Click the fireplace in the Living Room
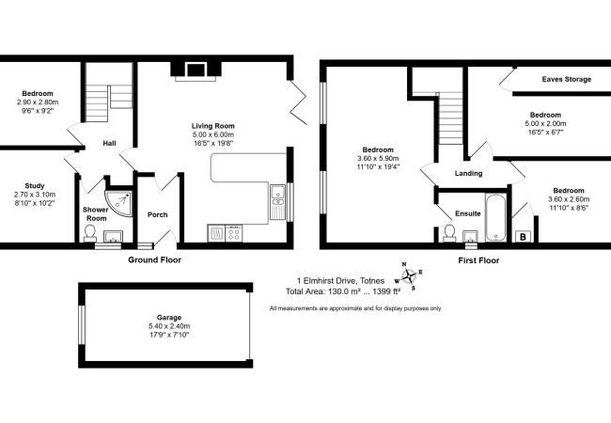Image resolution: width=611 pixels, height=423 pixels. pos(196,69)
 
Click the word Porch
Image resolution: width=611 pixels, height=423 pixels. pos(157,214)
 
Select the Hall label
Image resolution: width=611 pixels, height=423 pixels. pos(109,143)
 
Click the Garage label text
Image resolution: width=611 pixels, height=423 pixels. pos(169,318)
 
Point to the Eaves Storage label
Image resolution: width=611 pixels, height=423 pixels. pos(566,79)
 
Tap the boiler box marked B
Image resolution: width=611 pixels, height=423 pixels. pos(523,237)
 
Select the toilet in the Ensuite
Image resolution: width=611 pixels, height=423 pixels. pos(449,233)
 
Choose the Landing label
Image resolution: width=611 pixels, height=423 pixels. pos(468,173)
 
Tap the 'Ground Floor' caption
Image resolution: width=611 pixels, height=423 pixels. pos(154,258)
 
